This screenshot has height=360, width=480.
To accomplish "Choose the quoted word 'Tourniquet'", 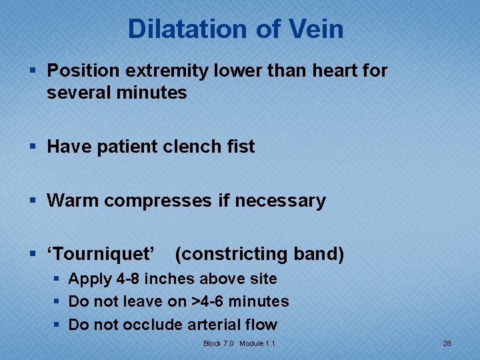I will (x=101, y=254).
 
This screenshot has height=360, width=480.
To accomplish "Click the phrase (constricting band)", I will (x=259, y=254).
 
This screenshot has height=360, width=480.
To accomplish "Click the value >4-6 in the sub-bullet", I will (x=208, y=302).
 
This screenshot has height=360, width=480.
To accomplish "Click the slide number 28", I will (x=447, y=343).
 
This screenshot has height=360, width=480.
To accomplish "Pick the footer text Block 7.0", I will (x=219, y=343).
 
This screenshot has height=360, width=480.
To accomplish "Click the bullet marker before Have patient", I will (x=34, y=147).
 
